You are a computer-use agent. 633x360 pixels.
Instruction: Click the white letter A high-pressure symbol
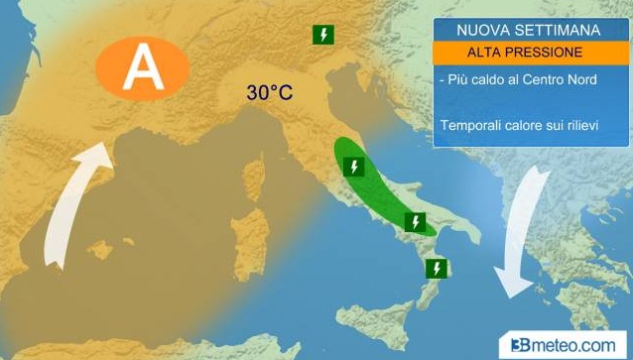[x=142, y=67]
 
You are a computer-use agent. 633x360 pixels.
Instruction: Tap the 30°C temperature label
[x=269, y=94]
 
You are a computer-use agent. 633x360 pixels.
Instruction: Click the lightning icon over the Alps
[x=322, y=36]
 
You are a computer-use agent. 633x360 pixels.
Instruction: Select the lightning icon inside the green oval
[x=352, y=167]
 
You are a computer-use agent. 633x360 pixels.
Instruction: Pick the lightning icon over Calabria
[x=436, y=268]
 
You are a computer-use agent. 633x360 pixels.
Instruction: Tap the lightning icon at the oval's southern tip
[x=416, y=222]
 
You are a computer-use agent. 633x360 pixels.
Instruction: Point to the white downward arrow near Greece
[x=524, y=233]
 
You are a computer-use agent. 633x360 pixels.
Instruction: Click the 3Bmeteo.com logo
[x=565, y=343]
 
